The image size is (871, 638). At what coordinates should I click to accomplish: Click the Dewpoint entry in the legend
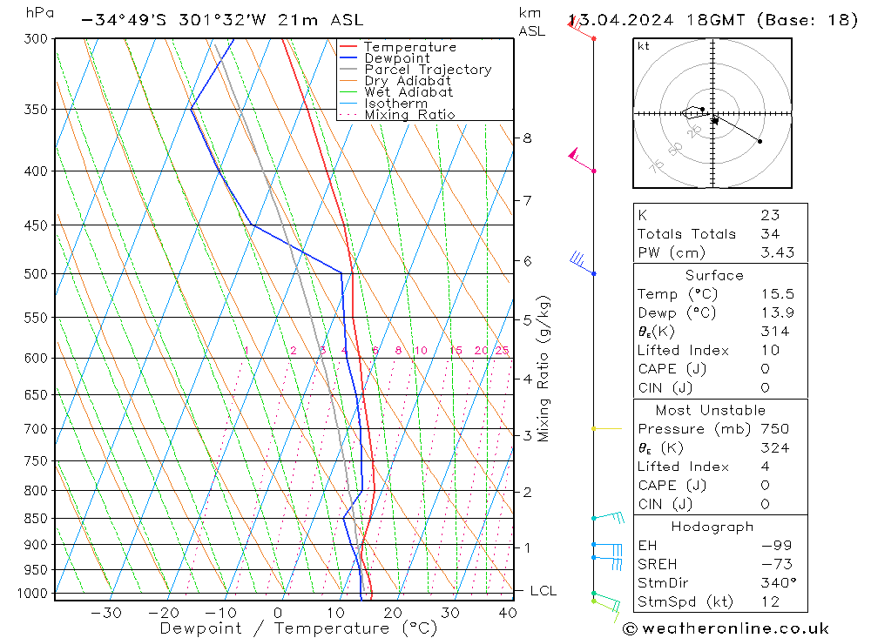(396, 58)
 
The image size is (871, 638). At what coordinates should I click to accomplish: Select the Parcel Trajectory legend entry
(428, 70)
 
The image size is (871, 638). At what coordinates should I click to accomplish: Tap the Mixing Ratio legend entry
(409, 114)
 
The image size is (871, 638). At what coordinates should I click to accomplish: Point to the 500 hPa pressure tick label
(36, 274)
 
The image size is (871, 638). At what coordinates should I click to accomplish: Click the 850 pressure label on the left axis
(36, 519)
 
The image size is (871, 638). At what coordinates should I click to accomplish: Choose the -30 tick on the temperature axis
(105, 613)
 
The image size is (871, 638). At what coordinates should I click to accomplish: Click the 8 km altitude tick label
(527, 138)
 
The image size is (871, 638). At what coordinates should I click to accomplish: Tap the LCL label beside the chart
(543, 591)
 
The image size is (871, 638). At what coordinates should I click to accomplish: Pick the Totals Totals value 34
(769, 233)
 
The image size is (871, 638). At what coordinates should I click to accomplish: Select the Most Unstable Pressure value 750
(774, 429)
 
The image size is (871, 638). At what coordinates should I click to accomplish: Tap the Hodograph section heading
(712, 527)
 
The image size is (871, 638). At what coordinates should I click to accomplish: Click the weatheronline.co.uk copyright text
(726, 628)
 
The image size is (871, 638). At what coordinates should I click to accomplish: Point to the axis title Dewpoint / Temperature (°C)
(299, 628)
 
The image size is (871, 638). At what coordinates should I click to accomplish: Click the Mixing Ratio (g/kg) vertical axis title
(544, 368)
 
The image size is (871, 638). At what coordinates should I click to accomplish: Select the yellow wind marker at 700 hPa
(595, 429)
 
